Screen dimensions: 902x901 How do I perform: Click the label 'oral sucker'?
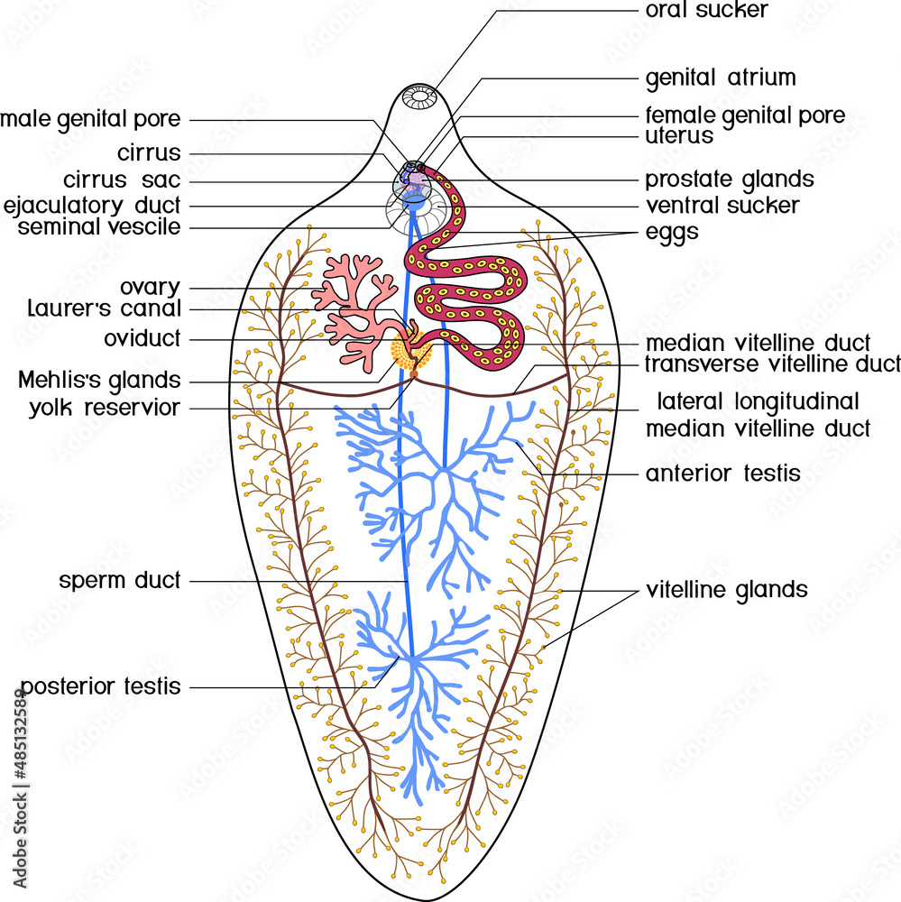tap(706, 11)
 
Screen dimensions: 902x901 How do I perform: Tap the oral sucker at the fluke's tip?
tap(420, 96)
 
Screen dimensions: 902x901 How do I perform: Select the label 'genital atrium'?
tap(720, 78)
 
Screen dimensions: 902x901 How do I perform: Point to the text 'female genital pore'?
tap(745, 115)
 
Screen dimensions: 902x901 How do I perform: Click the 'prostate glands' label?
tap(729, 179)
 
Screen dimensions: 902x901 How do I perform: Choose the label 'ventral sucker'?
tap(722, 206)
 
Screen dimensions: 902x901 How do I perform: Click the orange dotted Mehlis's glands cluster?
tap(409, 353)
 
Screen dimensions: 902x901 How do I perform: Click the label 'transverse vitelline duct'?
tap(772, 364)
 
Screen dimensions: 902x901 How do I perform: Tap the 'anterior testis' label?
tap(722, 474)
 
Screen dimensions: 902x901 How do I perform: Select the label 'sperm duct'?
tap(120, 581)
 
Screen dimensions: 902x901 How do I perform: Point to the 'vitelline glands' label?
tap(726, 591)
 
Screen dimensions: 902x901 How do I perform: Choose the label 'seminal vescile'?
tap(99, 227)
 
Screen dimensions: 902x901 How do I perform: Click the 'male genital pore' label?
tap(90, 119)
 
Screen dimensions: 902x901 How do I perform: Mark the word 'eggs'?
tap(671, 232)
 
